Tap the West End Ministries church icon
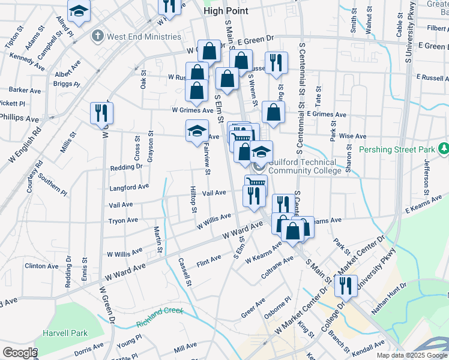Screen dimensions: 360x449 coord(97,37)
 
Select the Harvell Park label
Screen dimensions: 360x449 coord(64,333)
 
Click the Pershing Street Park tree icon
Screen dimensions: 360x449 coord(443,148)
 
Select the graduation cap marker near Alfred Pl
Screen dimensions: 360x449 coord(79,12)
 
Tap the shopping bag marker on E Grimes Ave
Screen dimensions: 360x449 coord(273,112)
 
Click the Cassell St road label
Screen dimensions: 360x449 coord(184,272)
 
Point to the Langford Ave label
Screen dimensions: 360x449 coord(129,187)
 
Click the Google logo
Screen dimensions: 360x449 coord(20,353)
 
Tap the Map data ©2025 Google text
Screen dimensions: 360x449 coord(412,355)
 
